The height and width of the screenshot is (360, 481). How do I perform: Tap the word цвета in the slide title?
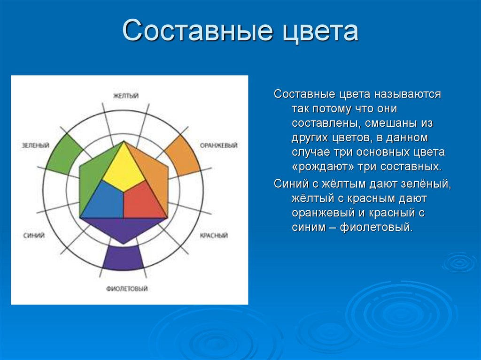[x=320, y=31]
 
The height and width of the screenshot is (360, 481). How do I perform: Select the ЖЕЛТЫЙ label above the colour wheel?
[x=126, y=96]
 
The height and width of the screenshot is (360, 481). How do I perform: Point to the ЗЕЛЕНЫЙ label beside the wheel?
[x=36, y=146]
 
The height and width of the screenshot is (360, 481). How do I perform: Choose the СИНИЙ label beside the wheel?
[x=34, y=235]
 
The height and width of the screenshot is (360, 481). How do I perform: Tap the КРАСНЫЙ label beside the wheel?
[x=214, y=236]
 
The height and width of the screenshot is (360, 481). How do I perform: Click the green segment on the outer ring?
[x=61, y=153]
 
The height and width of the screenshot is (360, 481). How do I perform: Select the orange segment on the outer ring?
[x=183, y=154]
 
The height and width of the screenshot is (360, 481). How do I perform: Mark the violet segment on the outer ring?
[x=123, y=258]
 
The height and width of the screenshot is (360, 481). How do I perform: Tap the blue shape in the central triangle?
[x=103, y=201]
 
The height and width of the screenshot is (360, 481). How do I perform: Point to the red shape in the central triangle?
[x=144, y=201]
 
